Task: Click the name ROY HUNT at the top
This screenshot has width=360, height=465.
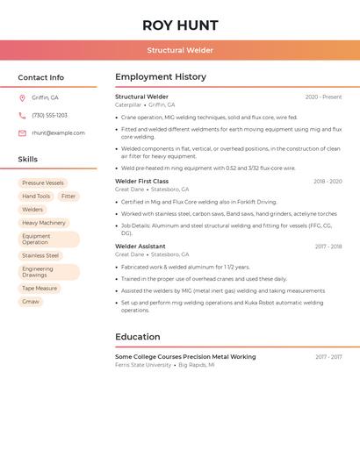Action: (x=180, y=25)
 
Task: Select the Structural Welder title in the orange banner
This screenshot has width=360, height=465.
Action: (x=180, y=51)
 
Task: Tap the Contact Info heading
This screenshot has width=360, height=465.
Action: (x=41, y=77)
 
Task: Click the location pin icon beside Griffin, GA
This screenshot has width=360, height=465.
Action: (x=22, y=97)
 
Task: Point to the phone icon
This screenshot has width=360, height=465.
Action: (x=22, y=115)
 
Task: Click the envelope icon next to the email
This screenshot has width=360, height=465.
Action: (x=22, y=133)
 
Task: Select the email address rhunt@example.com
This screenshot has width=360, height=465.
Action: (x=59, y=133)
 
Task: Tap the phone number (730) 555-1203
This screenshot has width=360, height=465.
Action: (x=50, y=115)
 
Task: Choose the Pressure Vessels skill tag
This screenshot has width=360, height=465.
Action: (x=43, y=183)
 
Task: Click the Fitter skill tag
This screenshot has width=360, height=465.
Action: (x=68, y=197)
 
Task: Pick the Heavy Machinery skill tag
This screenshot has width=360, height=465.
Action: (x=44, y=223)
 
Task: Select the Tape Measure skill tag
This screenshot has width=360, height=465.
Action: (x=40, y=288)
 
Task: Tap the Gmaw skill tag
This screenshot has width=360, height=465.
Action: (x=31, y=302)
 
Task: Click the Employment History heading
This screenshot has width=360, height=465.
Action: (x=161, y=77)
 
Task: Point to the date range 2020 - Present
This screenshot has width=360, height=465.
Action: (x=323, y=97)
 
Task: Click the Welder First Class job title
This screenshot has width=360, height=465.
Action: (x=142, y=182)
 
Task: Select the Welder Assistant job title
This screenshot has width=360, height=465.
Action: (x=140, y=247)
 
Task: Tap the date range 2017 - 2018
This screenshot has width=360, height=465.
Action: (x=328, y=247)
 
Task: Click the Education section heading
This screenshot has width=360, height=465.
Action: (x=138, y=337)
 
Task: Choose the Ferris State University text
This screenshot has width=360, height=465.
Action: (x=143, y=365)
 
